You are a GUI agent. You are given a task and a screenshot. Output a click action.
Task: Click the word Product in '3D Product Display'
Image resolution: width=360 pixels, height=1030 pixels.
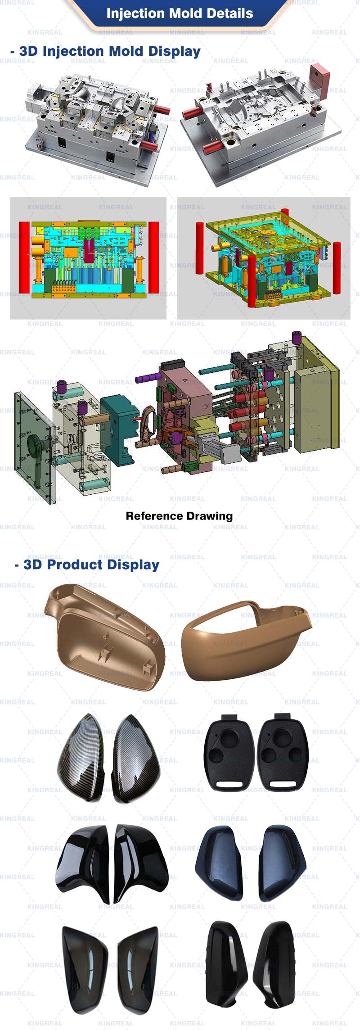tap(73, 565)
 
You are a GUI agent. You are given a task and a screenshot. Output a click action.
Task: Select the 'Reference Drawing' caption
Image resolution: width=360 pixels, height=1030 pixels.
tap(179, 516)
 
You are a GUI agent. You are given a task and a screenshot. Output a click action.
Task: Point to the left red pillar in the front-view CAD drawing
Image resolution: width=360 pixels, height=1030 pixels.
tap(24, 257)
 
